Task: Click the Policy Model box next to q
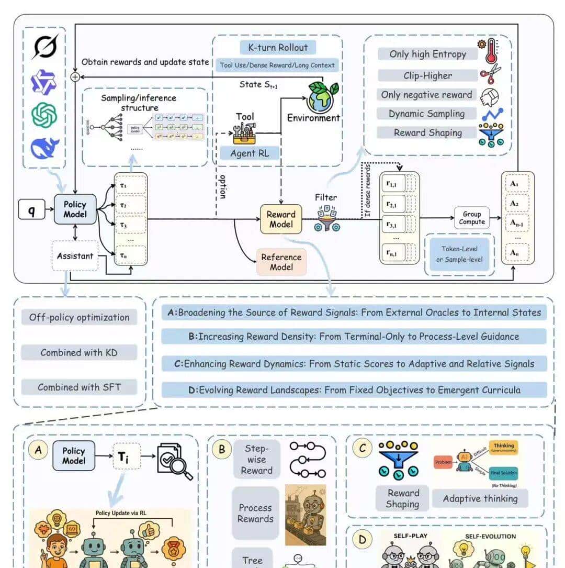tap(74, 209)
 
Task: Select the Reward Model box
tap(281, 219)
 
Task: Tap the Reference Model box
tap(281, 262)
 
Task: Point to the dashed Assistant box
tap(75, 256)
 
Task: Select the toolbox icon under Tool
tap(245, 133)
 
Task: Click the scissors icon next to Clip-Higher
tap(491, 73)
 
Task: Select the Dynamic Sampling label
tap(426, 114)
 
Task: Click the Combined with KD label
tap(78, 352)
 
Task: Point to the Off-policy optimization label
tap(78, 317)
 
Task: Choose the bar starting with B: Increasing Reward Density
tap(354, 337)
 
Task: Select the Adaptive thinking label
tap(480, 498)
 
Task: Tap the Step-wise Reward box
tap(256, 459)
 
